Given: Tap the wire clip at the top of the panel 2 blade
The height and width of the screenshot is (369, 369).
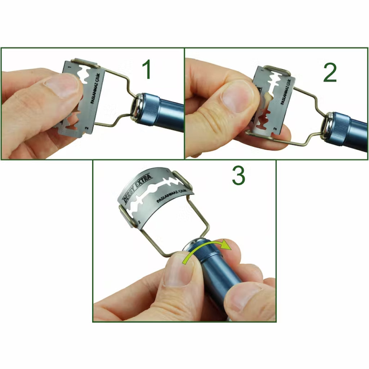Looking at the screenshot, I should point(277,70).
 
